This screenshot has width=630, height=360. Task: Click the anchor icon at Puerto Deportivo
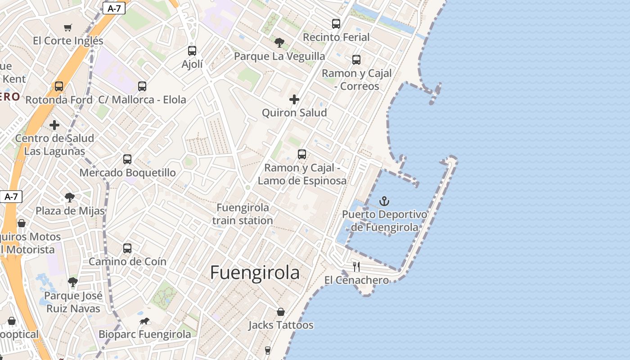pyautogui.click(x=384, y=201)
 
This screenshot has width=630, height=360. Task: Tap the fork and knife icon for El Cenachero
pyautogui.click(x=356, y=267)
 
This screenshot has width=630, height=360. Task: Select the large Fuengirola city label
pyautogui.click(x=255, y=273)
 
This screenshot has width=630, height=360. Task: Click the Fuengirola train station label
pyautogui.click(x=243, y=214)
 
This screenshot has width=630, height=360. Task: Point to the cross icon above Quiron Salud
pyautogui.click(x=294, y=99)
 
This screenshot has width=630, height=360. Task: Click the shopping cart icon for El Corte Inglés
pyautogui.click(x=68, y=28)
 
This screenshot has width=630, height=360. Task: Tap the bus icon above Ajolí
pyautogui.click(x=192, y=51)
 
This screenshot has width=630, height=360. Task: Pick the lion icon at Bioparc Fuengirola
pyautogui.click(x=144, y=321)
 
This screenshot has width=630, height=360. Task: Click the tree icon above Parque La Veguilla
pyautogui.click(x=279, y=43)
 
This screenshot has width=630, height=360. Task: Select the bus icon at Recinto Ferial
pyautogui.click(x=336, y=24)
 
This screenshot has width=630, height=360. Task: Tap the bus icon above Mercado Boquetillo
pyautogui.click(x=127, y=159)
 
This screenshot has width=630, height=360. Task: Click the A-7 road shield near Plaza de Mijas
pyautogui.click(x=11, y=197)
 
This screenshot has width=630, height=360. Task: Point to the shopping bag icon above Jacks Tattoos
pyautogui.click(x=281, y=312)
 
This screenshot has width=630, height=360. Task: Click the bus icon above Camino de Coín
pyautogui.click(x=127, y=248)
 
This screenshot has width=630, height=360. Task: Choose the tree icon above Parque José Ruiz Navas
pyautogui.click(x=73, y=283)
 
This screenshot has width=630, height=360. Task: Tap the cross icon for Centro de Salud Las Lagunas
pyautogui.click(x=54, y=125)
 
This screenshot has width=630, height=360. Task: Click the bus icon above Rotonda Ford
pyautogui.click(x=59, y=86)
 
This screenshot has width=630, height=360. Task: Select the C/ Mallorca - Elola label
pyautogui.click(x=142, y=100)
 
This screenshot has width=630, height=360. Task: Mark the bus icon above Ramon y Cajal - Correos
pyautogui.click(x=356, y=60)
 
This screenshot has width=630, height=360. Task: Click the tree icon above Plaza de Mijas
pyautogui.click(x=70, y=197)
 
